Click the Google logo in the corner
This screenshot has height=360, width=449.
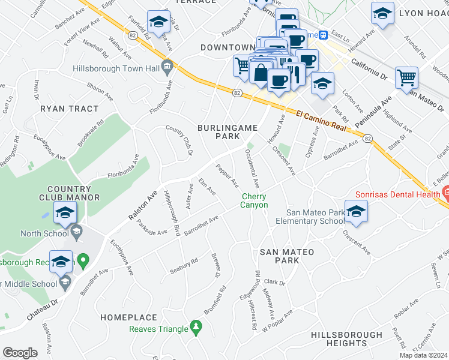[20, 353]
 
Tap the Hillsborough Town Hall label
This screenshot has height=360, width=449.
[116, 69]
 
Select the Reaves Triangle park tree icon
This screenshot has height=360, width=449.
[194, 327]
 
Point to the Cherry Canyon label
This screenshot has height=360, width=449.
[255, 200]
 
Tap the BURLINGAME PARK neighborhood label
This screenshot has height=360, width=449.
[228, 132]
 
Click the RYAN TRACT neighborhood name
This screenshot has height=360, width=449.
[69, 109]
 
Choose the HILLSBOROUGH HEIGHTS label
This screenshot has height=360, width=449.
[347, 339]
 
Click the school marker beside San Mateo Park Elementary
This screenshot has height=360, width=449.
[356, 211]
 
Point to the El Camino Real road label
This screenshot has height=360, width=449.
[322, 119]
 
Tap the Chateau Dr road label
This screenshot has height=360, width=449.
[41, 310]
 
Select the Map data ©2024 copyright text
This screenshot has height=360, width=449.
[423, 355]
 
